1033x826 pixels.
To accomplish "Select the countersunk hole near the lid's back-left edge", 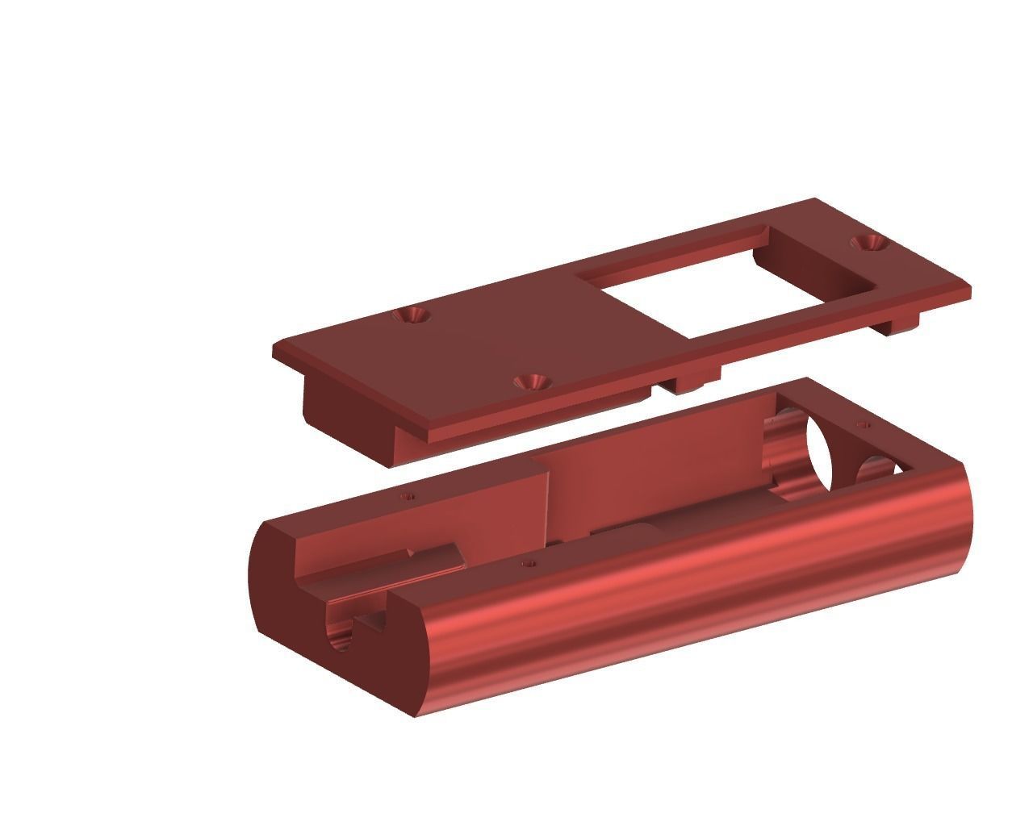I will tap(414, 315).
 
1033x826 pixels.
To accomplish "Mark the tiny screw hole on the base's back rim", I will tap(409, 495).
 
